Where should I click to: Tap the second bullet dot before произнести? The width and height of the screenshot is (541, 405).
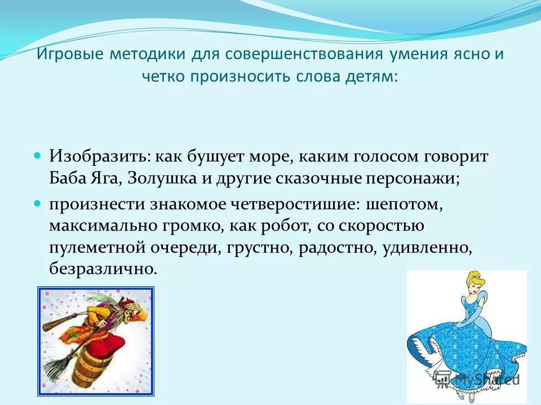38,202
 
